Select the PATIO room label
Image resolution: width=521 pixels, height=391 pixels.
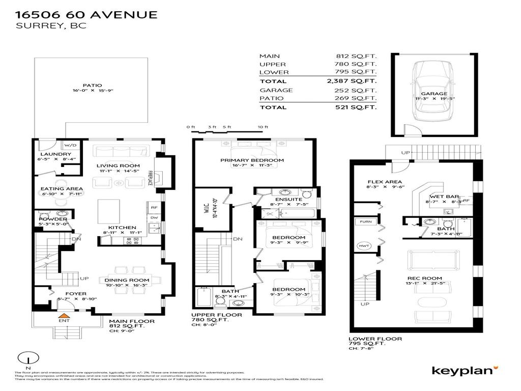92,86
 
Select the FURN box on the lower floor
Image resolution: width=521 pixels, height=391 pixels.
365,222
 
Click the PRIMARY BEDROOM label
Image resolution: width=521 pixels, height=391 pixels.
252,160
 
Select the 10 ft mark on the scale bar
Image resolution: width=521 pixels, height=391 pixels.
263,127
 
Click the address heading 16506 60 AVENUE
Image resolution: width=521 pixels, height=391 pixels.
86,15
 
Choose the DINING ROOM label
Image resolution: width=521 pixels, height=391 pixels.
127,280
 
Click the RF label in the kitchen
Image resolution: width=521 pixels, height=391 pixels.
153,208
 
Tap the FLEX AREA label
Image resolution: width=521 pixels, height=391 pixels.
385,182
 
